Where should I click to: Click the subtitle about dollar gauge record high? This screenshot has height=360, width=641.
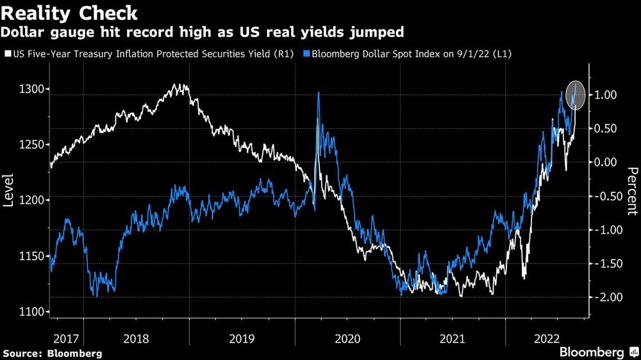(x=204, y=31)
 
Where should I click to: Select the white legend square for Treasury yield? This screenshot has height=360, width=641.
(x=6, y=54)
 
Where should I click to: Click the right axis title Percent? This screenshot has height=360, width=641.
(x=632, y=190)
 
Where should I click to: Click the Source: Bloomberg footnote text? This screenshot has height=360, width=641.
(x=53, y=353)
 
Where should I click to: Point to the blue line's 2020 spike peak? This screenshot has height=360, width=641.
(x=319, y=93)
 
